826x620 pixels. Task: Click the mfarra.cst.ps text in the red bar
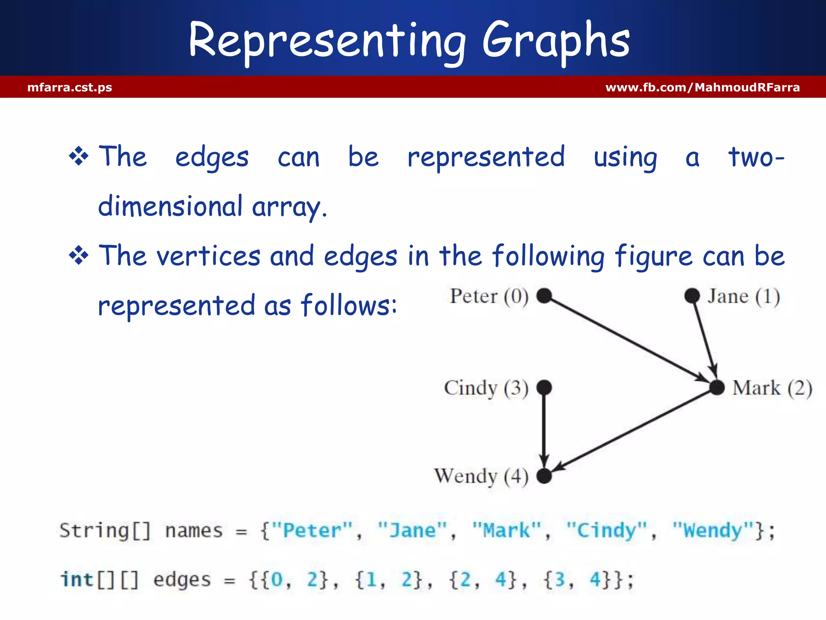(69, 87)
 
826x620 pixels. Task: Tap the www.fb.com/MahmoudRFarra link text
(702, 87)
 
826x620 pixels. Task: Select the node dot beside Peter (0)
(544, 295)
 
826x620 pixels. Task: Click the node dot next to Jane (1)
(692, 295)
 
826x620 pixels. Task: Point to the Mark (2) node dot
(717, 387)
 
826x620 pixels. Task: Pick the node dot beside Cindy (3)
(544, 387)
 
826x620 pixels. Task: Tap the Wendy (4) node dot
(544, 476)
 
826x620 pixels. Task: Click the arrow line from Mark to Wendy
(633, 430)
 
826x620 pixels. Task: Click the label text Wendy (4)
(481, 476)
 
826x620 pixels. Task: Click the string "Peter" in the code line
(312, 530)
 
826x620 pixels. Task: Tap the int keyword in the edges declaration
(77, 580)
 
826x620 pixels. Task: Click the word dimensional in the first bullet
(170, 206)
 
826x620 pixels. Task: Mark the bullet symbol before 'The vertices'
(79, 256)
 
